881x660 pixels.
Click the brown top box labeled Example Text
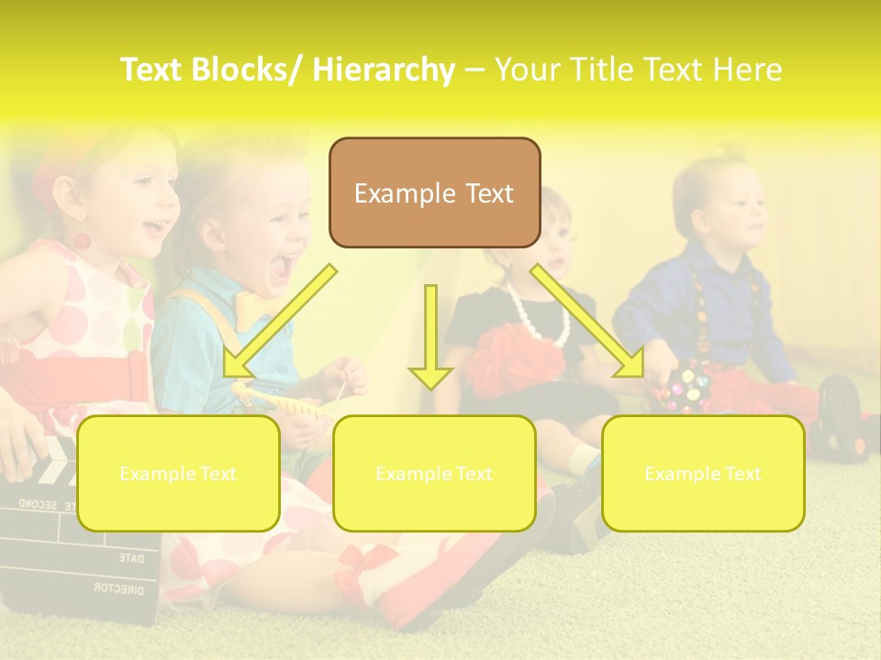click(434, 192)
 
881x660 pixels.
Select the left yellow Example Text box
click(178, 473)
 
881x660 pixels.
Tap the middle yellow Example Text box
click(434, 473)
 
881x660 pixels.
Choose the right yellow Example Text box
click(703, 473)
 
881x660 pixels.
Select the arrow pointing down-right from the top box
click(588, 321)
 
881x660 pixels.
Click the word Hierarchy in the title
click(383, 70)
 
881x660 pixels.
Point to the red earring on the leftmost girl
click(82, 242)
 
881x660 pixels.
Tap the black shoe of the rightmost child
click(840, 417)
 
